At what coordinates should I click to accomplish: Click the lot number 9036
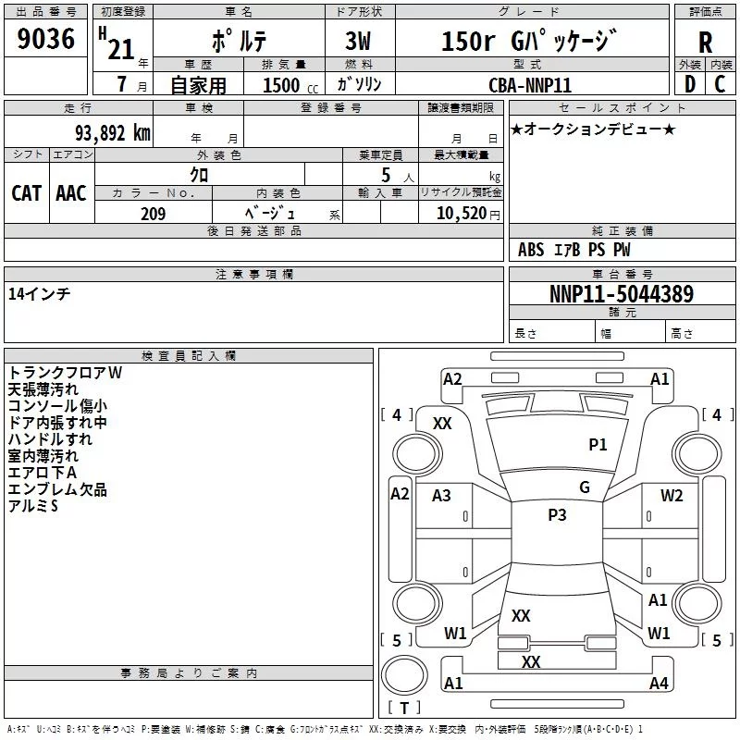click(45, 39)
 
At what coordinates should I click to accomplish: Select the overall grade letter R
click(705, 43)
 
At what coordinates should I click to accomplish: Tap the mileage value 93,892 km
click(112, 133)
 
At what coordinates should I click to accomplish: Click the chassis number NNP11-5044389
click(622, 294)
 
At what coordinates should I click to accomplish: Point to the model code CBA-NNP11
click(530, 85)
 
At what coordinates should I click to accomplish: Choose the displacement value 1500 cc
click(290, 85)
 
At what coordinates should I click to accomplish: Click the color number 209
click(153, 214)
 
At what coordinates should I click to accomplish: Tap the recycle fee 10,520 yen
click(468, 214)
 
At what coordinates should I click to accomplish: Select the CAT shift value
click(27, 193)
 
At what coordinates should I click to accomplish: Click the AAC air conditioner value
click(71, 193)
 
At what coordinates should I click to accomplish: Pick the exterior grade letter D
click(690, 84)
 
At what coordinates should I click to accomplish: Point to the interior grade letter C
click(720, 84)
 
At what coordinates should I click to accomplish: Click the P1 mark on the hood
click(598, 444)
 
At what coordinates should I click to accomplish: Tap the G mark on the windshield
click(585, 487)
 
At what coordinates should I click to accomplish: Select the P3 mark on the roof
click(557, 514)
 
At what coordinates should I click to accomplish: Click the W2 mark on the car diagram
click(672, 495)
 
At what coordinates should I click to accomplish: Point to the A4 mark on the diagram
click(659, 683)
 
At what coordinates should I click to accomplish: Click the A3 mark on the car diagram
click(441, 496)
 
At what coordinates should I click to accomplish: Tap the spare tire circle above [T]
click(404, 675)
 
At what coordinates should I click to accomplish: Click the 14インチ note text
click(39, 294)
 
